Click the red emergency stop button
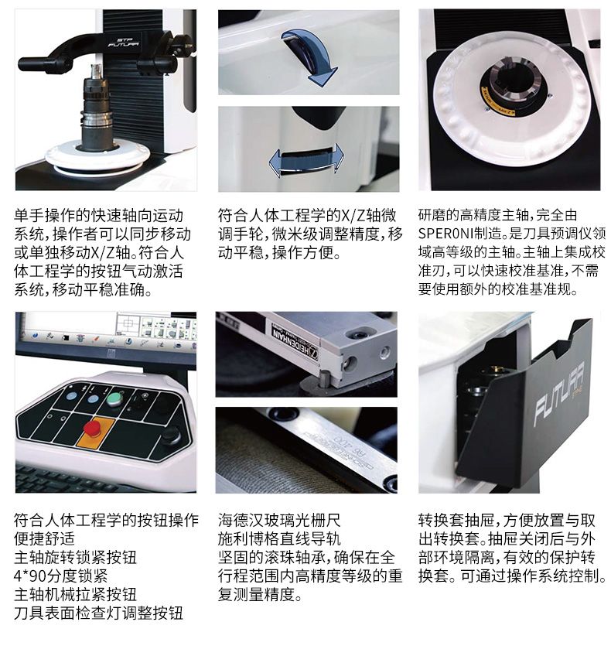click(93, 428)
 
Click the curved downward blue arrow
click(313, 56)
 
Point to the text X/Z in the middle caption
click(354, 215)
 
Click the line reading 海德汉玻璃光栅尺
click(279, 521)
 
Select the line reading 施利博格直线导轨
click(279, 539)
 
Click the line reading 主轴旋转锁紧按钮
click(75, 557)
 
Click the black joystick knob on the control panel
click(170, 434)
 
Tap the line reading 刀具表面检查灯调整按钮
click(98, 613)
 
